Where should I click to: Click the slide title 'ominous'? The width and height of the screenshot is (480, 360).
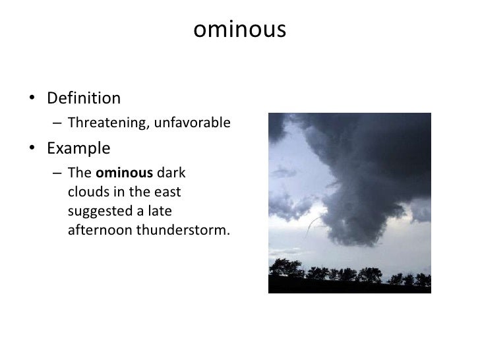[240, 30]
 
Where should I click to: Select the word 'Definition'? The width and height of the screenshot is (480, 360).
[84, 99]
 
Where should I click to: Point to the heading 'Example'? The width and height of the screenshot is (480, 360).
[78, 148]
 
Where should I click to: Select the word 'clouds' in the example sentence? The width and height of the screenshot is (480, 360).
[86, 193]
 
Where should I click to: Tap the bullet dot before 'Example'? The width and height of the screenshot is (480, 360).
[32, 149]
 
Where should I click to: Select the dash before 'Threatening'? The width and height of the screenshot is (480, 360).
[57, 123]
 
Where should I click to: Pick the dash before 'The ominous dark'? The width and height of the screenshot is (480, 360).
[57, 174]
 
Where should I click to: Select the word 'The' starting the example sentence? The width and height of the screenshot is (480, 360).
[80, 173]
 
